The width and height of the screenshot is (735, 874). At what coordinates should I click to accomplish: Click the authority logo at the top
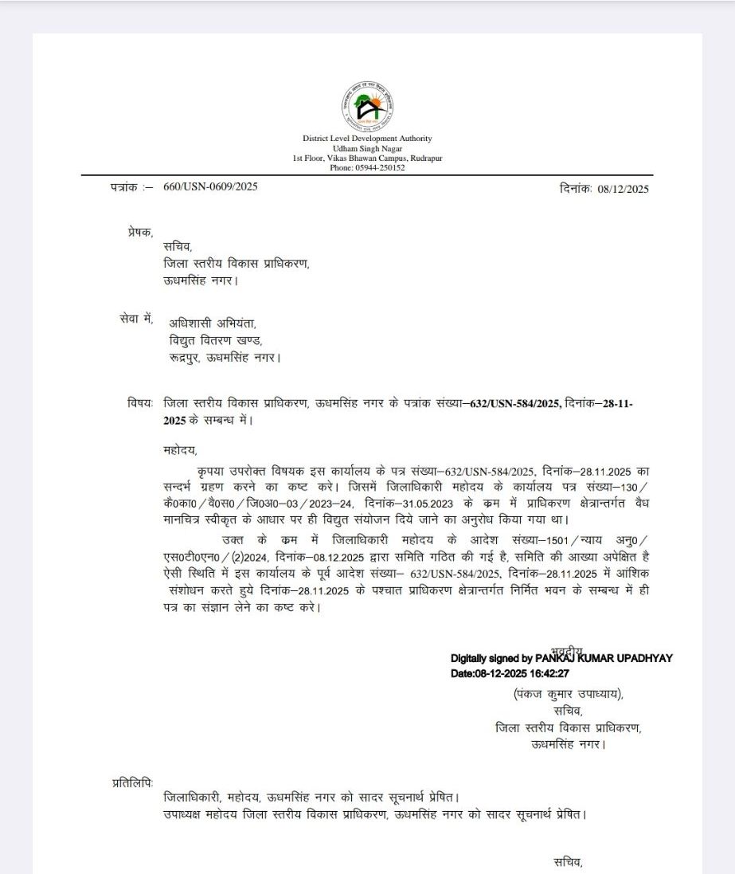tap(367, 107)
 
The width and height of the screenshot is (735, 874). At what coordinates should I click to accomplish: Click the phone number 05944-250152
tap(379, 168)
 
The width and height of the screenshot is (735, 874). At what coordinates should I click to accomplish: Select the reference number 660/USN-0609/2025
tap(210, 186)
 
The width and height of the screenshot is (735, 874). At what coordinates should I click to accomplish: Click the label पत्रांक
tap(126, 186)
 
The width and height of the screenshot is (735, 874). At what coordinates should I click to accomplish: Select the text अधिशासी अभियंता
tap(213, 323)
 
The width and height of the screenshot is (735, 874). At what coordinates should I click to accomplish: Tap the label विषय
tap(139, 403)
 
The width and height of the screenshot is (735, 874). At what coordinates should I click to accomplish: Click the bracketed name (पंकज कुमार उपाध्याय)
tap(568, 694)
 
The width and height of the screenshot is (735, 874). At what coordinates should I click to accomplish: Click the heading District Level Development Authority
tap(367, 139)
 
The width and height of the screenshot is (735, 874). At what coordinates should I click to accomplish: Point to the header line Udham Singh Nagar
tap(367, 149)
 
